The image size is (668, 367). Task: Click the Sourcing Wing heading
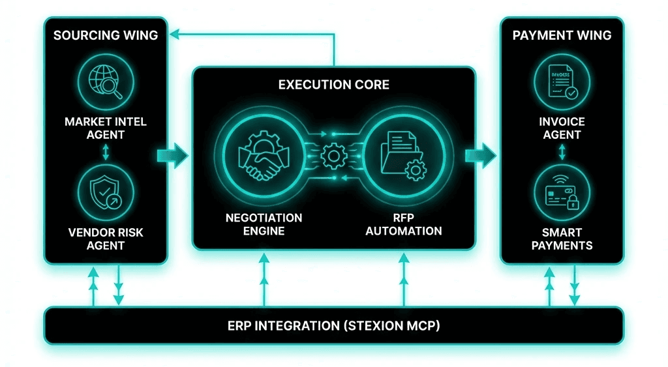pyautogui.click(x=106, y=35)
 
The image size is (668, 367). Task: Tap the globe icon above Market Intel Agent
pyautogui.click(x=106, y=83)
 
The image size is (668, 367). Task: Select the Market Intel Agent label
pyautogui.click(x=106, y=128)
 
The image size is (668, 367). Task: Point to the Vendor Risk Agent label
pyautogui.click(x=106, y=238)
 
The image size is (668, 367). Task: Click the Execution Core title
pyautogui.click(x=333, y=85)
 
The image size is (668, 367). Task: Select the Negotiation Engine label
pyautogui.click(x=264, y=224)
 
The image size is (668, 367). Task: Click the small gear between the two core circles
pyautogui.click(x=333, y=155)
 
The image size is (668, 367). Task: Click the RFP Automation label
pyautogui.click(x=403, y=224)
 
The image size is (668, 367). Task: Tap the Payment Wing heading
pyautogui.click(x=562, y=35)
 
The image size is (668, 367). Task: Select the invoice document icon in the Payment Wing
pyautogui.click(x=562, y=83)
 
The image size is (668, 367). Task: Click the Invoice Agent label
pyautogui.click(x=562, y=128)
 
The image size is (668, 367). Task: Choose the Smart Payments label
pyautogui.click(x=562, y=238)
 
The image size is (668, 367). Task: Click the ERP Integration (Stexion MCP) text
pyautogui.click(x=333, y=325)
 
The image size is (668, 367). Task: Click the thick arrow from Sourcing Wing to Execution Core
pyautogui.click(x=173, y=155)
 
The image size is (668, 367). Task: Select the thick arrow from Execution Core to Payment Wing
pyautogui.click(x=481, y=155)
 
